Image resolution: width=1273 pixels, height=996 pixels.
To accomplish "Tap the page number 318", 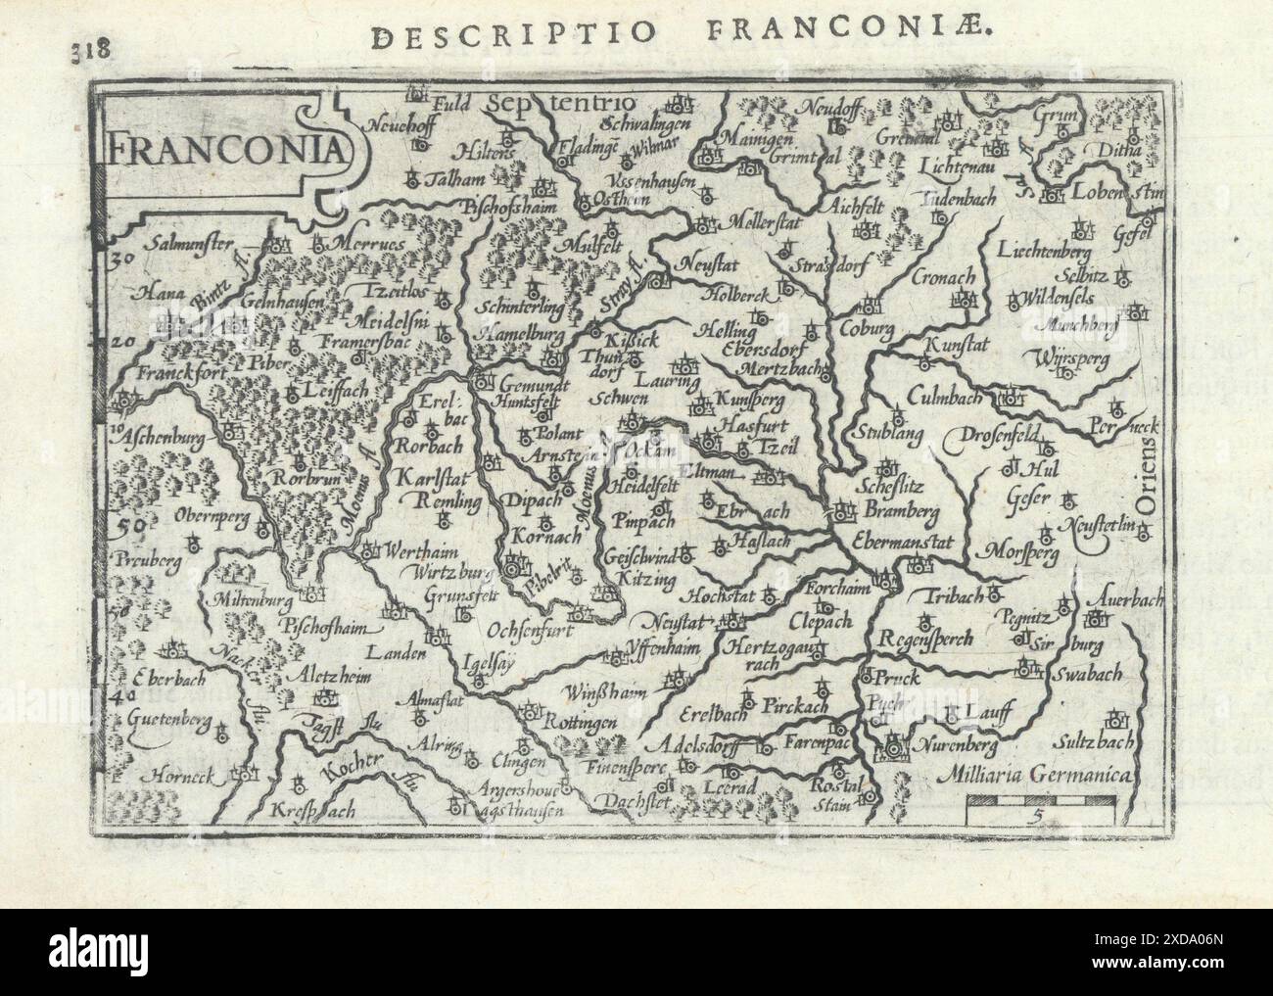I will (x=90, y=48).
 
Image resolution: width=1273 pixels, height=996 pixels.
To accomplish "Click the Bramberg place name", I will (x=901, y=510).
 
